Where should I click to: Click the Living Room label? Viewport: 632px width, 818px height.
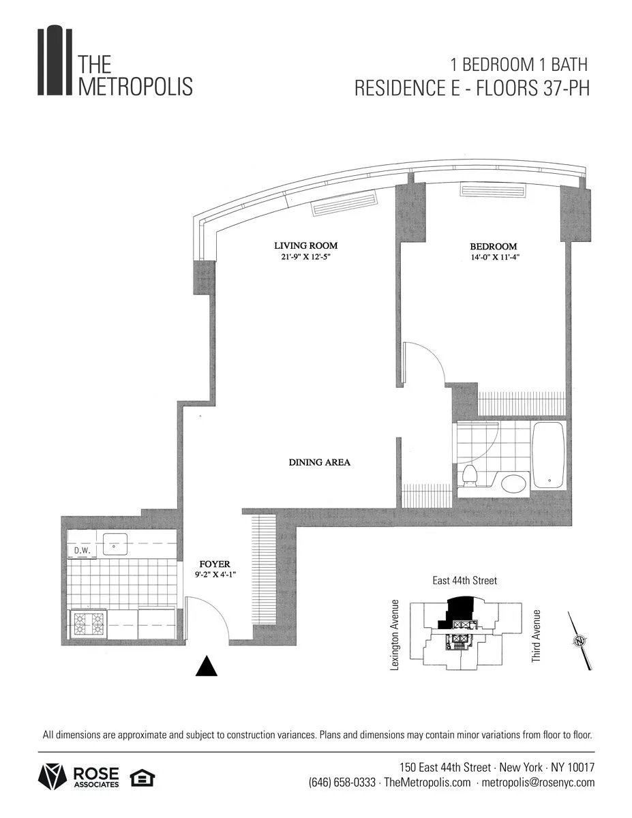(305, 246)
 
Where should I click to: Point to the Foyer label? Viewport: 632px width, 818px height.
(215, 564)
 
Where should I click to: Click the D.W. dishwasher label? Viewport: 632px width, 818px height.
(82, 550)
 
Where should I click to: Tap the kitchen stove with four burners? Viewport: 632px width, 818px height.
(89, 623)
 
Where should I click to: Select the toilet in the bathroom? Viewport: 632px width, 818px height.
(469, 476)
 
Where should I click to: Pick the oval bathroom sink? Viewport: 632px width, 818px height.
(513, 484)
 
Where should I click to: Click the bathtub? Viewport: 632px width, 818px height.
(548, 455)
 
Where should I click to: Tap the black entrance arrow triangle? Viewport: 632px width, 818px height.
(207, 667)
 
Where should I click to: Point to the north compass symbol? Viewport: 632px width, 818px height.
(579, 640)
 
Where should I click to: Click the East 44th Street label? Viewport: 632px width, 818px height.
(465, 581)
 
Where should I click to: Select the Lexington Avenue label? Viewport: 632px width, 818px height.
(394, 635)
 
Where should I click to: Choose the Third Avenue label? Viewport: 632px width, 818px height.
(537, 636)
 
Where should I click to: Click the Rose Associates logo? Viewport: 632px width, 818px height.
(78, 776)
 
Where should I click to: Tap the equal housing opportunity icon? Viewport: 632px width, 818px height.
(142, 776)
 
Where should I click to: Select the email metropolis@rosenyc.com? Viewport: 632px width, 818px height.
(538, 783)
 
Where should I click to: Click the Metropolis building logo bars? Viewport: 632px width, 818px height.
(55, 61)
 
